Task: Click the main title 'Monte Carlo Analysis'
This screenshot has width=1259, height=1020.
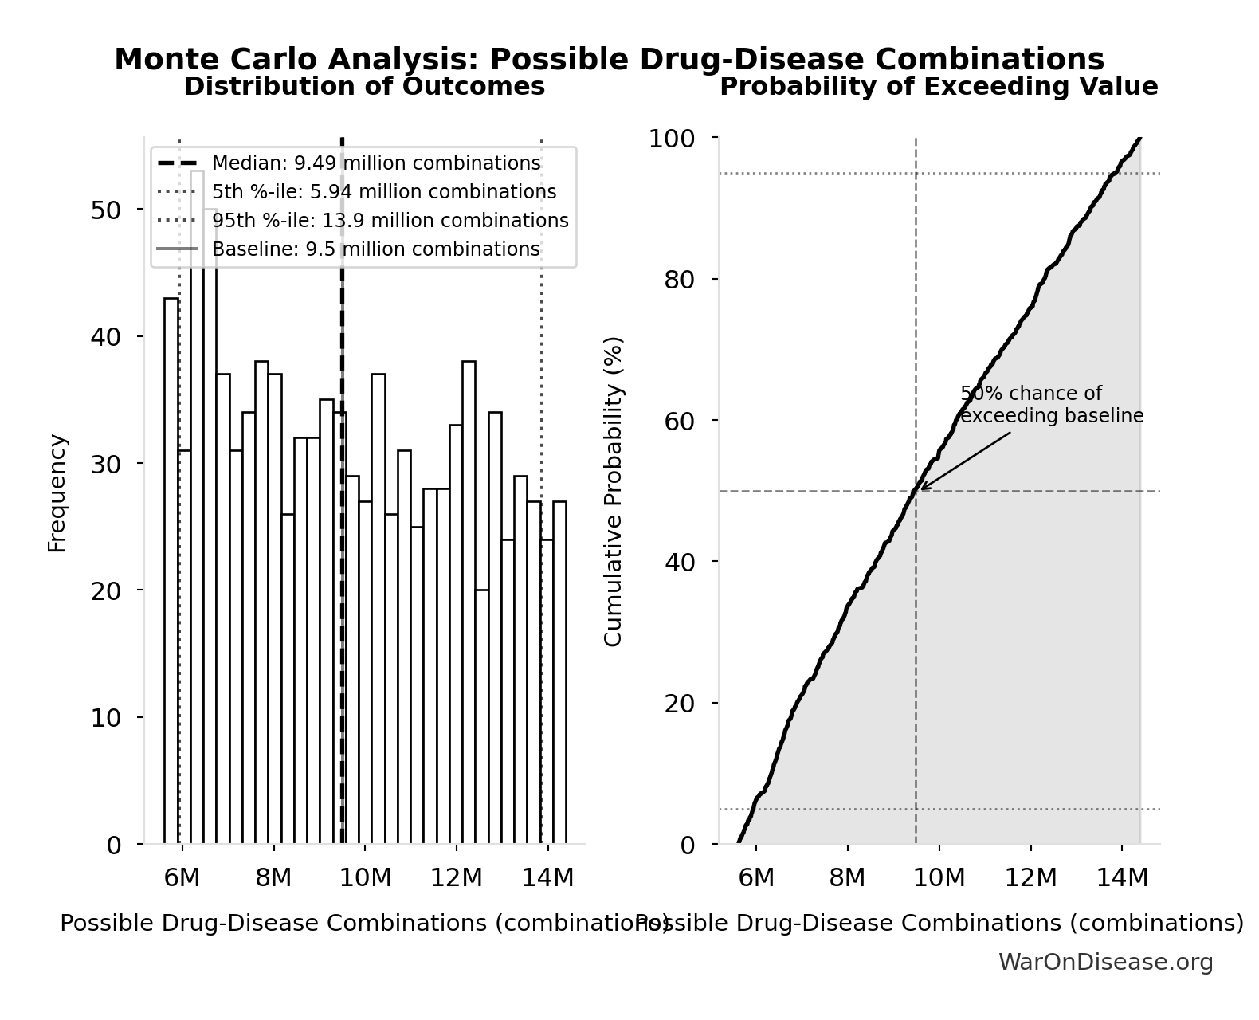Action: coord(609,59)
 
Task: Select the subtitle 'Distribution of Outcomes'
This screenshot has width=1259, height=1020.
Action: coord(364,86)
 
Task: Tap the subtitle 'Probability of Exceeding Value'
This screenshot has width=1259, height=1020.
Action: coord(938,86)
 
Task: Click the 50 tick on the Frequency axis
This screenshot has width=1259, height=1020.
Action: coord(104,210)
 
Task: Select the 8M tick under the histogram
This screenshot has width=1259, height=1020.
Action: coord(273,877)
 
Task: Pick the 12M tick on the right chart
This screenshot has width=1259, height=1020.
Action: coord(1030,877)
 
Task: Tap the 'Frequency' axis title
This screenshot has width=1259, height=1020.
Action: coord(57,492)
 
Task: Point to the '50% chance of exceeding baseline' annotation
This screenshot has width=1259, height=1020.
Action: coord(1050,405)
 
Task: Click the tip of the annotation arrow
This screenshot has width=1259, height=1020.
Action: coord(921,488)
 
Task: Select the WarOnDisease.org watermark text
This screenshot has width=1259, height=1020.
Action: coord(1105,962)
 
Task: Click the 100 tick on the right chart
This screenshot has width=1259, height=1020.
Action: coord(671,139)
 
